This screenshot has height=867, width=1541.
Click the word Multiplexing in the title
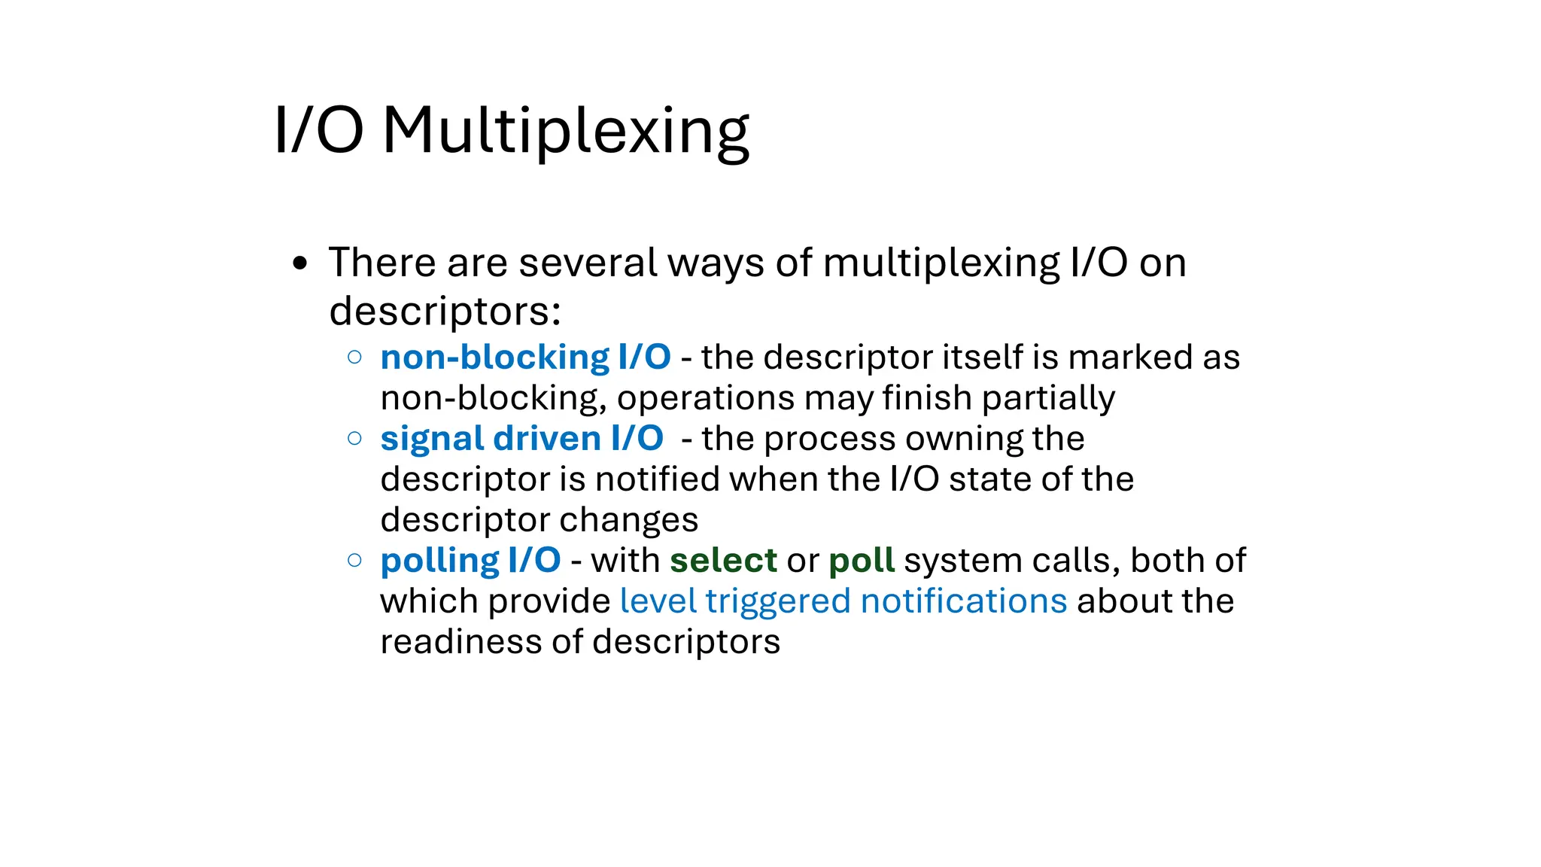tap(566, 131)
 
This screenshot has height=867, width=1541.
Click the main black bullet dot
tap(300, 263)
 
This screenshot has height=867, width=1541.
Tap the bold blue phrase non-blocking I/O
tap(525, 357)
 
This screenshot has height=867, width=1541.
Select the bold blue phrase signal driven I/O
tap(521, 438)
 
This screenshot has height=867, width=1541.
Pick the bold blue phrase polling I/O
tap(470, 560)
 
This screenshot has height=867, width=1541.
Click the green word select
tap(723, 560)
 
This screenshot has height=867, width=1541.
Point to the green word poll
tap(862, 560)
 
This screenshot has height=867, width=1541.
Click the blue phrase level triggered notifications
tap(843, 601)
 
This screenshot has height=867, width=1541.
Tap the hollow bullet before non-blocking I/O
tap(355, 357)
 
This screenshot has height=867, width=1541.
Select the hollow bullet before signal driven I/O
tap(355, 438)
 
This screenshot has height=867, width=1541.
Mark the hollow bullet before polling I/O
tap(355, 560)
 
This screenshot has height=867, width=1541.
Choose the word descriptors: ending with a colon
tap(445, 310)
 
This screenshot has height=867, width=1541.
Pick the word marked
tap(1130, 357)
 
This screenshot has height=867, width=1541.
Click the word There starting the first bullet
tap(382, 263)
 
